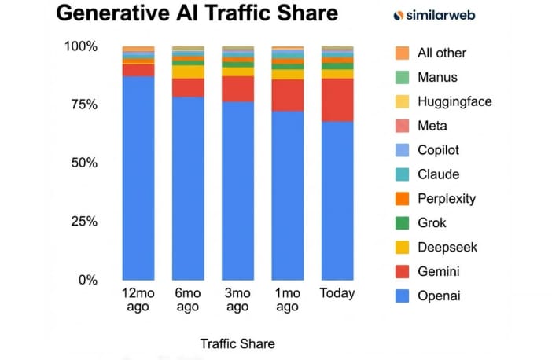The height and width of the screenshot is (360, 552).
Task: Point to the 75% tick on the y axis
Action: pyautogui.click(x=81, y=105)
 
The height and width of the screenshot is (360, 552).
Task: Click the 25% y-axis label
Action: pyautogui.click(x=81, y=222)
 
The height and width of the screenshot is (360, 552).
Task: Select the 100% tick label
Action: pyautogui.click(x=79, y=46)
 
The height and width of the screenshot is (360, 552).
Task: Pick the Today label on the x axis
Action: pyautogui.click(x=337, y=293)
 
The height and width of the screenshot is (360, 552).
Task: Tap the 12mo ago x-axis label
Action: pyautogui.click(x=138, y=299)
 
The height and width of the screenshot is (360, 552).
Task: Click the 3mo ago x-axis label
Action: pyautogui.click(x=237, y=299)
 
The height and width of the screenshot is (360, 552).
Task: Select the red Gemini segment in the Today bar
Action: pyautogui.click(x=337, y=99)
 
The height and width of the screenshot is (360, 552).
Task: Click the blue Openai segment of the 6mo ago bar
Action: pyautogui.click(x=188, y=189)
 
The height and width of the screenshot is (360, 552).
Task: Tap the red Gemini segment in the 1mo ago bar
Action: pyautogui.click(x=287, y=95)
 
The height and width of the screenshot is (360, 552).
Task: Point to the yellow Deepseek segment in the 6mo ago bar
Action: pyautogui.click(x=188, y=72)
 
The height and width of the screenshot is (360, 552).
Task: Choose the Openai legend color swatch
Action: pyautogui.click(x=401, y=296)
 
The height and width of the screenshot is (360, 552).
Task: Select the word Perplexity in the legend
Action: pyautogui.click(x=447, y=199)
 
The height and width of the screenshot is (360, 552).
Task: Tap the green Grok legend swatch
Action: pyautogui.click(x=401, y=223)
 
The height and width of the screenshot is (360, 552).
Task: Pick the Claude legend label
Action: pyautogui.click(x=439, y=174)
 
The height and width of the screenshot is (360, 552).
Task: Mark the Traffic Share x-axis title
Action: pyautogui.click(x=237, y=343)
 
